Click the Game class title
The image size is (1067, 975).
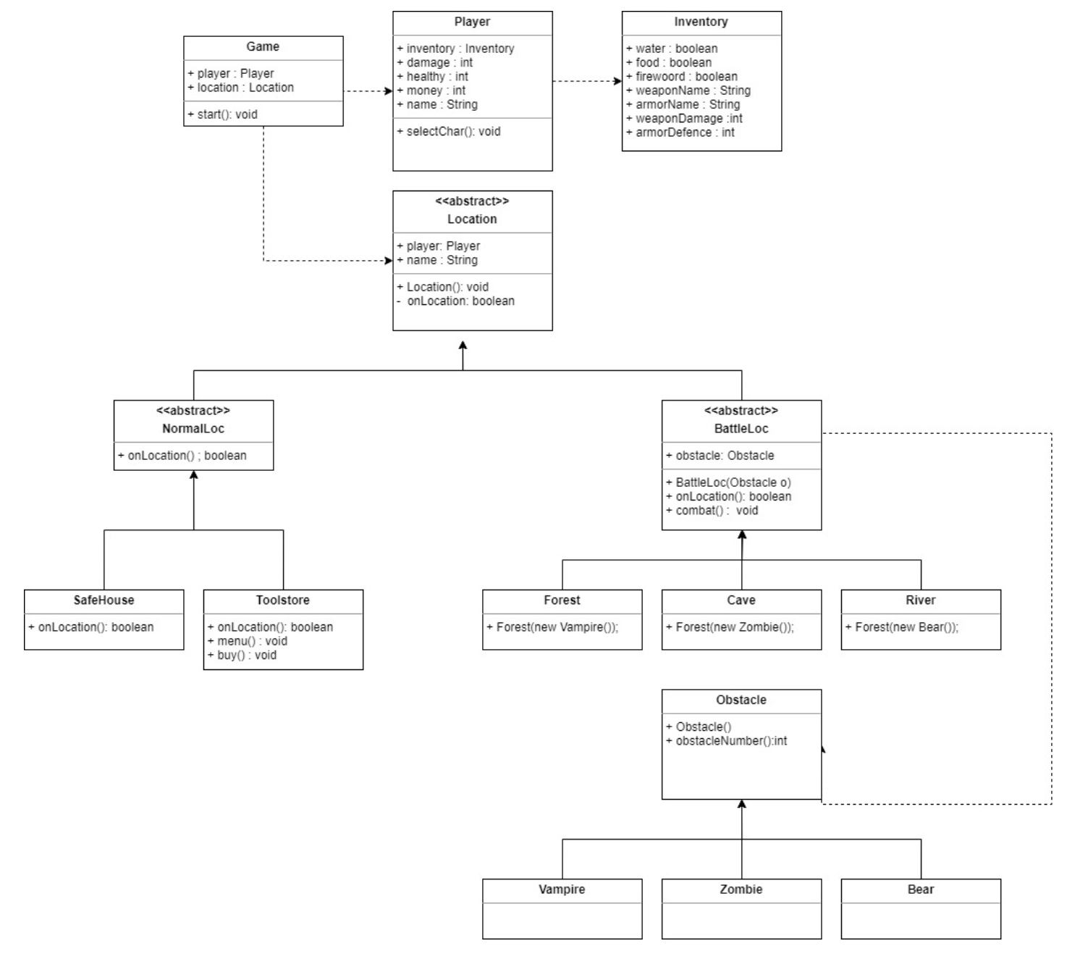click(263, 47)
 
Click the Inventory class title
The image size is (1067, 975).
click(701, 22)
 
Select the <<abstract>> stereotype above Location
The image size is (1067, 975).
click(472, 201)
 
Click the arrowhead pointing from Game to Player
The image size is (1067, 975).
click(387, 91)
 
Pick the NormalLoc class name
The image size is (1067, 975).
click(193, 429)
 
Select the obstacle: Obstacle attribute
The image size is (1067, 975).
click(724, 456)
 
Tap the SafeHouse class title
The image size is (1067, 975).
click(104, 601)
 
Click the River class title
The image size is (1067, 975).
click(920, 601)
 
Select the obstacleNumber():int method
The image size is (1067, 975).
click(730, 741)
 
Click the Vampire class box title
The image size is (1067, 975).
click(562, 890)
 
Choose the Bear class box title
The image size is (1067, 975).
click(920, 890)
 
